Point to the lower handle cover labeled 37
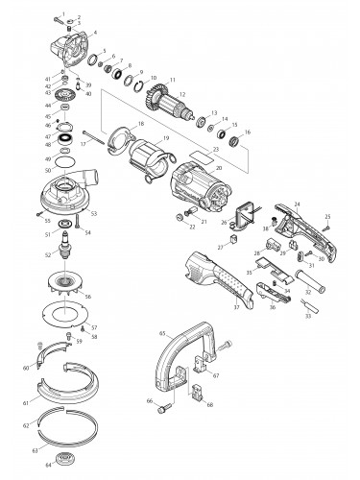215,283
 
